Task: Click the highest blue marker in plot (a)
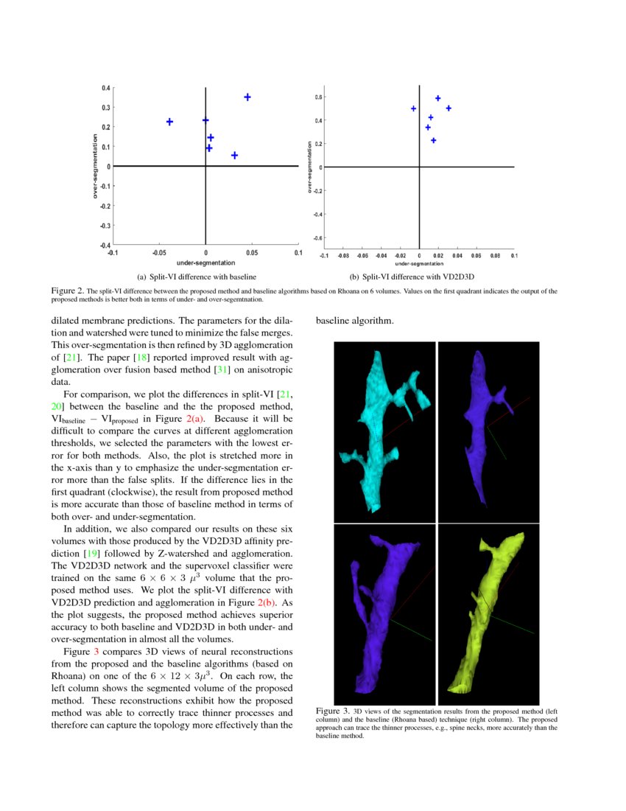click(247, 97)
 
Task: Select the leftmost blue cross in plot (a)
click(169, 122)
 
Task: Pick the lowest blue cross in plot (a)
click(234, 156)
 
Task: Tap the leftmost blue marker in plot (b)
click(413, 108)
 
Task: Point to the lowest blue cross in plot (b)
click(433, 140)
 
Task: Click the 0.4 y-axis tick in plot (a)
click(106, 88)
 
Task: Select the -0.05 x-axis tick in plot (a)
click(159, 253)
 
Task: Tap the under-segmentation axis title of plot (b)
click(419, 263)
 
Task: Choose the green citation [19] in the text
click(99, 551)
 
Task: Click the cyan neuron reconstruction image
click(385, 431)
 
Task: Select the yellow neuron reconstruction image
click(488, 613)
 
